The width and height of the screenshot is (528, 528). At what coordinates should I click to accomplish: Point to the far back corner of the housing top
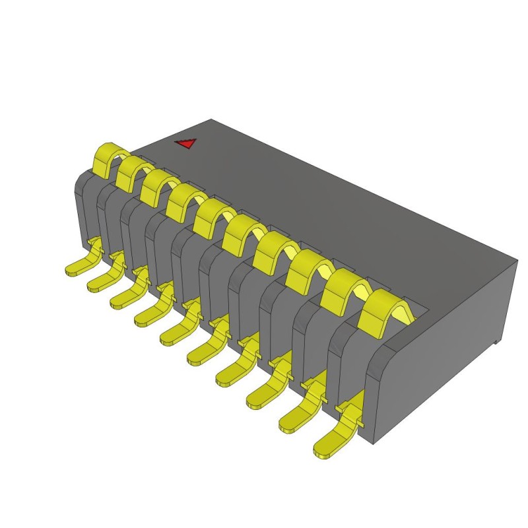click(211, 120)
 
